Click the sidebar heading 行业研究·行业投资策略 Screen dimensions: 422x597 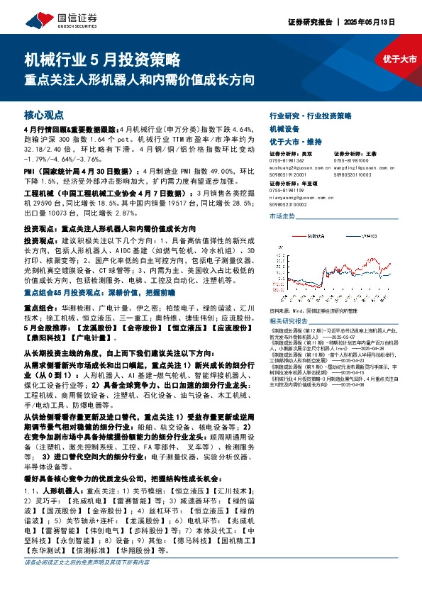311,115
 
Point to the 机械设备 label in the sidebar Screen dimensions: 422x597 286,128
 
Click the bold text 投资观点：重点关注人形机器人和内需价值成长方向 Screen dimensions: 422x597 111,230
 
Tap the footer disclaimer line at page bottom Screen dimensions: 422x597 87,584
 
